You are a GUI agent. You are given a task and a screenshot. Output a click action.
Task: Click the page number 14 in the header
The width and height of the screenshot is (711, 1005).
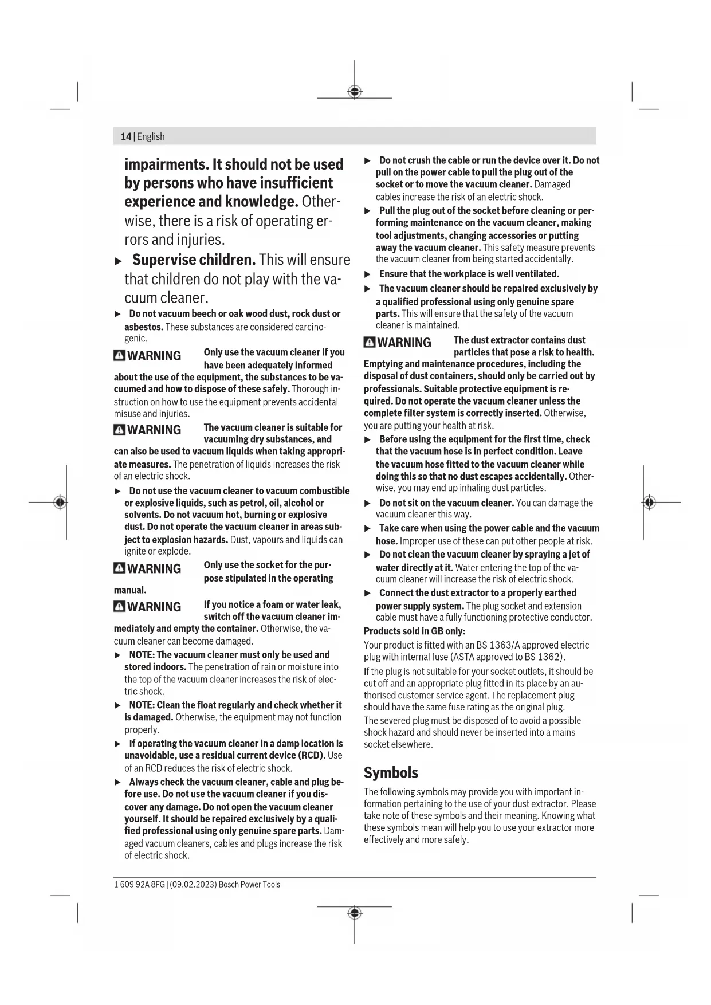[125, 136]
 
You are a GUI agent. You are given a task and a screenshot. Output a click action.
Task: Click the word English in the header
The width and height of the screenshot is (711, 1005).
[151, 136]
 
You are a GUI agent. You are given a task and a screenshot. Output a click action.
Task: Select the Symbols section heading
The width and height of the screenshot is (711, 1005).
[391, 772]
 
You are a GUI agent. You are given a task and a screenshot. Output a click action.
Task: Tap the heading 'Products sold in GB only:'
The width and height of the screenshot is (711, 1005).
[414, 631]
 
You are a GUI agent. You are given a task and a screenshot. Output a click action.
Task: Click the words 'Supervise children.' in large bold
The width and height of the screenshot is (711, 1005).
[194, 260]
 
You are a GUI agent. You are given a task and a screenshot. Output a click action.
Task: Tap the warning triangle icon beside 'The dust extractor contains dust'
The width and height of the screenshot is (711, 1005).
[370, 343]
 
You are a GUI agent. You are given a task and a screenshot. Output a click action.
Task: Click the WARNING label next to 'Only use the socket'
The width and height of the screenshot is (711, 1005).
[154, 568]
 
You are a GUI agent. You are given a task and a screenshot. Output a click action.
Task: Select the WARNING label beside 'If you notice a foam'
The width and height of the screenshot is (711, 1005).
[154, 607]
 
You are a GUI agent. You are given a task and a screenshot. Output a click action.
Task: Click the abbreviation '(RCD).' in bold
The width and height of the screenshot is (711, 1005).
[309, 755]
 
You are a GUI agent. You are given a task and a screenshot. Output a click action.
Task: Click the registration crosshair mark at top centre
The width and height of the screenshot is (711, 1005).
[355, 92]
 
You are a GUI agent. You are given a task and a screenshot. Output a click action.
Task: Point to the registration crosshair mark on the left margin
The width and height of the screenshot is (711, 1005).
[60, 502]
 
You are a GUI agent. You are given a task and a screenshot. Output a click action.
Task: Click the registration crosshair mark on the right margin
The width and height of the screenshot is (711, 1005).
[649, 502]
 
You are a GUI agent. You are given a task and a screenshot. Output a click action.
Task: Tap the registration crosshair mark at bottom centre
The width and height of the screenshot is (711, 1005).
[355, 912]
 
